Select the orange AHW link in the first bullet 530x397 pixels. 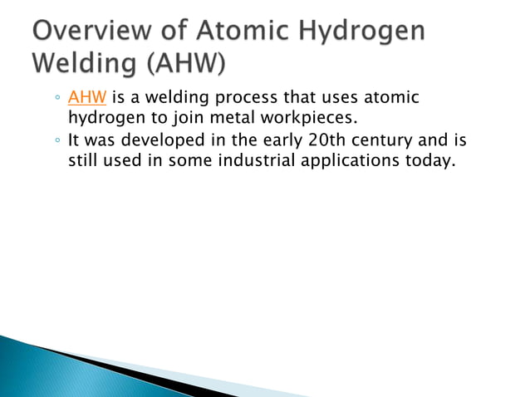click(82, 99)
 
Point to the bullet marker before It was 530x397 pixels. click(56, 140)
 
